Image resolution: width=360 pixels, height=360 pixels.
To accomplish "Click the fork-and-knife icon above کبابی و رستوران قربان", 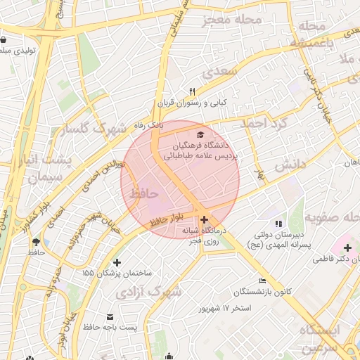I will pos(192,92).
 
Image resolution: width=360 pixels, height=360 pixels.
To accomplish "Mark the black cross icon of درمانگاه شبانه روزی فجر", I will pos(205,219).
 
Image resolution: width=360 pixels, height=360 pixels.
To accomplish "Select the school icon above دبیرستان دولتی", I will pos(279,224).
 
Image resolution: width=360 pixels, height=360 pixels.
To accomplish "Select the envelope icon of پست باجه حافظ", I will pos(110,316).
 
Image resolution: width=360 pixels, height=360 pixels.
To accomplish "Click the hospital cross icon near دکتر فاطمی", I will pos(348,247).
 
